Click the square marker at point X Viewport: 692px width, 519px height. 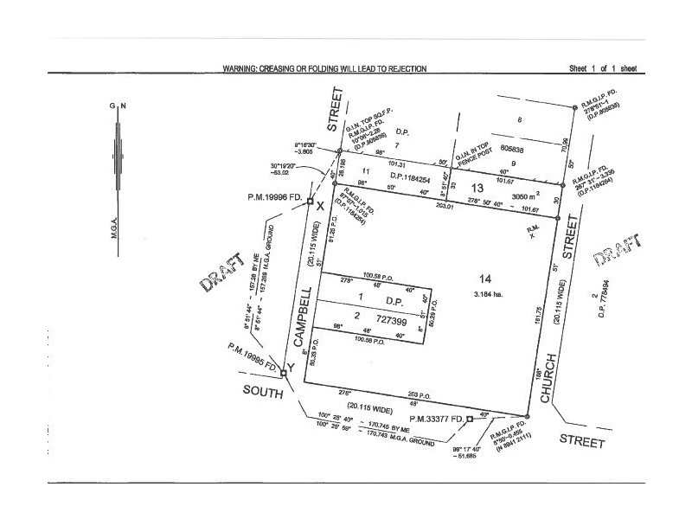click(x=309, y=202)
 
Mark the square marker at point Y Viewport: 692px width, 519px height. click(x=284, y=374)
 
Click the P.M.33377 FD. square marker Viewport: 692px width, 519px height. click(x=469, y=419)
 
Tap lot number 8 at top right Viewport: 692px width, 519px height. click(x=520, y=120)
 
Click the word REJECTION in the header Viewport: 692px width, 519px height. click(x=402, y=68)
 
